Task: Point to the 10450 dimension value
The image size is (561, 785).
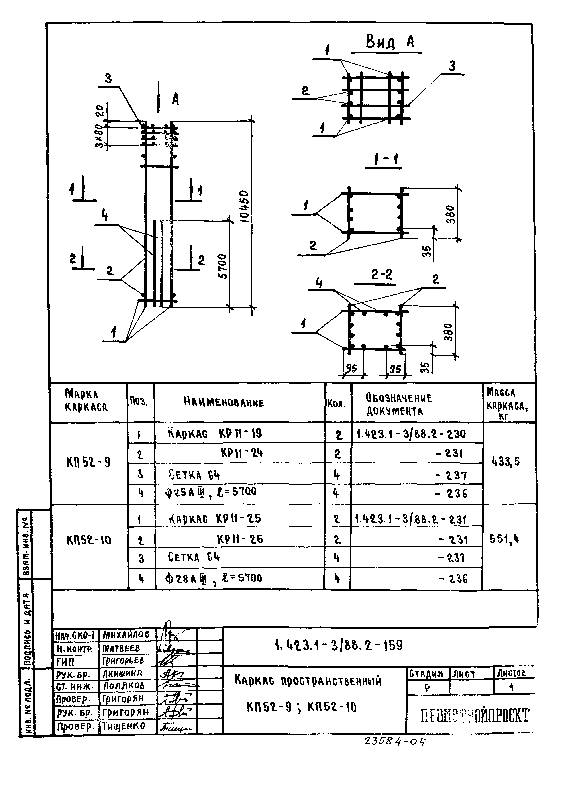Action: (244, 206)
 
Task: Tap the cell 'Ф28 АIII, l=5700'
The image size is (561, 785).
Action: (214, 578)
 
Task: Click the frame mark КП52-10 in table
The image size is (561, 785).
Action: (89, 540)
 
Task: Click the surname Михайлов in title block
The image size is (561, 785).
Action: (126, 634)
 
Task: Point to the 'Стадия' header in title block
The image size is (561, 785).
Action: (426, 673)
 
